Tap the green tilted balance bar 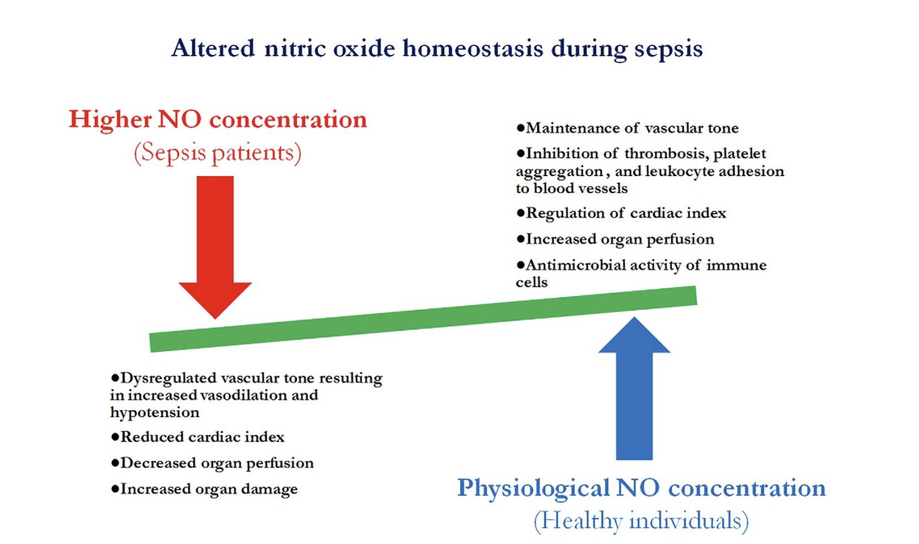click(x=423, y=319)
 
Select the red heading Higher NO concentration click(x=218, y=120)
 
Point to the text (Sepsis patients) click(x=218, y=155)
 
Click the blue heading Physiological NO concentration click(x=642, y=487)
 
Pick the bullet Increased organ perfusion click(x=620, y=239)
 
